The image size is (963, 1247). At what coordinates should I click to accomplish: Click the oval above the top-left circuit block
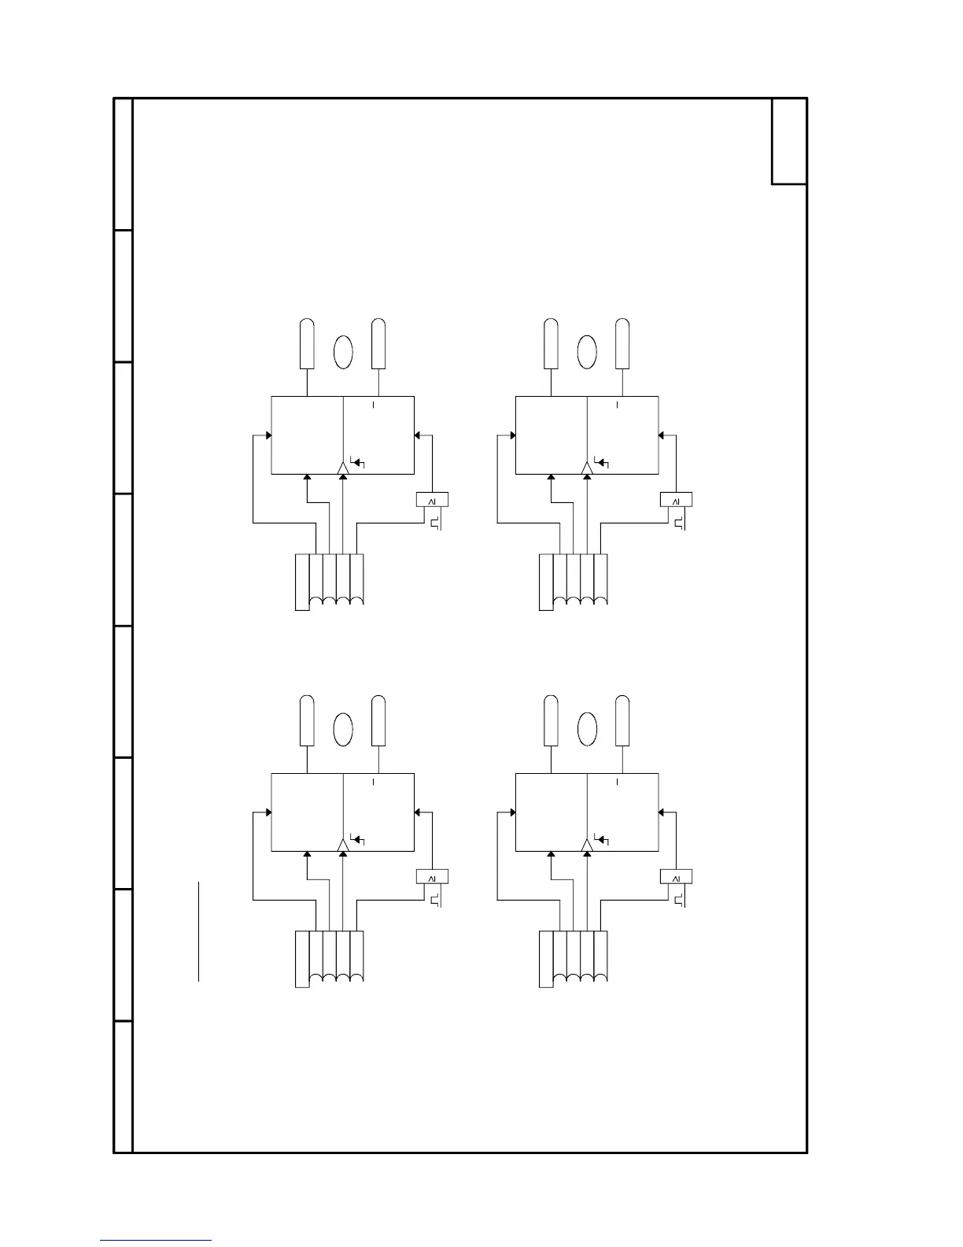coord(342,352)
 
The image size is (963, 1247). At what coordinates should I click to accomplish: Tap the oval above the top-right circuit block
coord(587,352)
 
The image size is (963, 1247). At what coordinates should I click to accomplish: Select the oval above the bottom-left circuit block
coord(342,729)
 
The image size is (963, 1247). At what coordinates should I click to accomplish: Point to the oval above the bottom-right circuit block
coord(587,729)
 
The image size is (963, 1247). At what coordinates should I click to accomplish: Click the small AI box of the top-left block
coord(431,500)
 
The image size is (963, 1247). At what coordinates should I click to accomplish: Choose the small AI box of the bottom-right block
coord(676,877)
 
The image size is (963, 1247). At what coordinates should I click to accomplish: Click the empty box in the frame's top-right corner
coord(789,142)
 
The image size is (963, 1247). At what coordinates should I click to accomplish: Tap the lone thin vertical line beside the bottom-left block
coord(199,931)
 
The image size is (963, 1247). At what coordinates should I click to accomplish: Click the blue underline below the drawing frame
coord(156,1241)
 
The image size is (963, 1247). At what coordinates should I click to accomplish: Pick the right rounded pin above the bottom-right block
coord(622,721)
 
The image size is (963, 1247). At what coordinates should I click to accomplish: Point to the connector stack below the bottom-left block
coord(329,958)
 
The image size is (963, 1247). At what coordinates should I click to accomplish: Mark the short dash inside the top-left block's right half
coord(374,405)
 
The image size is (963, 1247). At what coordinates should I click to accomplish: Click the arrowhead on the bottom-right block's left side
coord(512,812)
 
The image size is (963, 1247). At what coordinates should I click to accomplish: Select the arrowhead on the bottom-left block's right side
coord(418,812)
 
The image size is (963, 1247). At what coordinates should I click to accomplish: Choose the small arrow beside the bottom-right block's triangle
coord(603,840)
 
